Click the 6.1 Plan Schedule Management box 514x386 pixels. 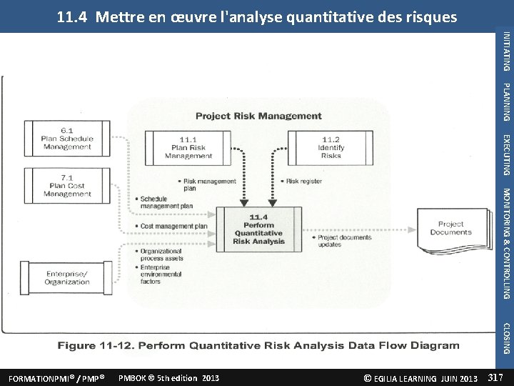click(x=67, y=139)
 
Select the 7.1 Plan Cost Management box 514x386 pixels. click(x=67, y=185)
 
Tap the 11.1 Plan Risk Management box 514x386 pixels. click(x=188, y=148)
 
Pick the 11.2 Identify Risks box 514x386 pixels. click(x=331, y=148)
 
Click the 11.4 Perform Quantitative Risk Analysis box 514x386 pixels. click(x=258, y=229)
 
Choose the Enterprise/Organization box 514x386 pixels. click(x=68, y=277)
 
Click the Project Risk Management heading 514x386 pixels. click(x=258, y=116)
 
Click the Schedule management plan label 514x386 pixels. click(x=166, y=202)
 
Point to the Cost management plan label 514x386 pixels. click(x=173, y=226)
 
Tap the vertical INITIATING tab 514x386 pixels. click(x=506, y=51)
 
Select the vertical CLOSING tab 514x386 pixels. click(x=506, y=338)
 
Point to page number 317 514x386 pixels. click(x=495, y=377)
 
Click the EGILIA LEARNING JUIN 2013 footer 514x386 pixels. click(x=420, y=377)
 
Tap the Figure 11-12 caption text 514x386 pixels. click(x=258, y=346)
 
